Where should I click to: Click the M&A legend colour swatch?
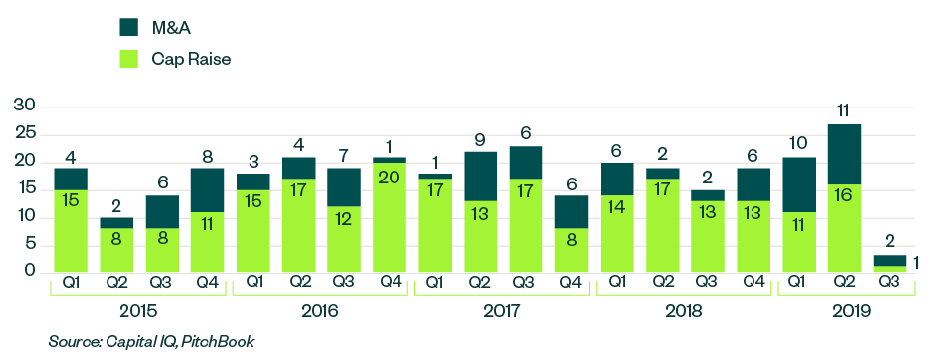[x=128, y=25]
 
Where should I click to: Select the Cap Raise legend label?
[x=190, y=59]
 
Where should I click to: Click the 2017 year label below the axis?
[x=502, y=310]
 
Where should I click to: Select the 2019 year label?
[x=850, y=310]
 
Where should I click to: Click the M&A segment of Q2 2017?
[x=480, y=177]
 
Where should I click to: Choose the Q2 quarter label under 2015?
[x=116, y=281]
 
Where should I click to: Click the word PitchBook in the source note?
[x=219, y=342]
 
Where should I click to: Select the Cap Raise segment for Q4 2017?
[x=571, y=250]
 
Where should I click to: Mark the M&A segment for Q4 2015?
[x=207, y=189]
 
